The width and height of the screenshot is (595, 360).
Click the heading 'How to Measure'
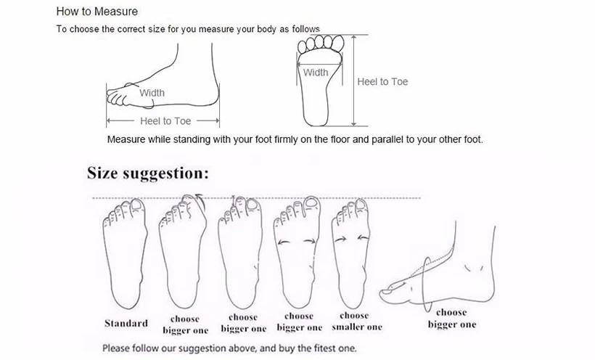tap(97, 12)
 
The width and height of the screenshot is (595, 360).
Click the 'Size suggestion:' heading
tap(148, 173)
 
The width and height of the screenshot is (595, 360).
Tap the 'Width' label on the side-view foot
tap(152, 93)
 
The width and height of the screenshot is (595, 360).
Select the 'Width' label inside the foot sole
tap(316, 73)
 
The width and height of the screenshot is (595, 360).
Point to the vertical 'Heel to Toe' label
tap(382, 81)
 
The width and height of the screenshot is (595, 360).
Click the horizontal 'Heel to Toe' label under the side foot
tap(165, 121)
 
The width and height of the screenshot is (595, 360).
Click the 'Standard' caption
tap(126, 324)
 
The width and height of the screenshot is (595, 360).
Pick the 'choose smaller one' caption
tap(357, 322)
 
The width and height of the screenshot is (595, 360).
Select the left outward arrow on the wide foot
tap(284, 242)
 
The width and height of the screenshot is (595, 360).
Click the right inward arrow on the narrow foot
tap(363, 238)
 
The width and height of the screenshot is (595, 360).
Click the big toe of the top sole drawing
tap(337, 42)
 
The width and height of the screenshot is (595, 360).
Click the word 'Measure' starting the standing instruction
tap(126, 140)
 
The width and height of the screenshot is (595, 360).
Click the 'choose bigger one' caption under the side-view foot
tap(451, 318)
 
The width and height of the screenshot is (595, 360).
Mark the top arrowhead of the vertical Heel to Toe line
tap(354, 38)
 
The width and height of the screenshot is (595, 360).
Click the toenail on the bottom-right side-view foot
tap(387, 292)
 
